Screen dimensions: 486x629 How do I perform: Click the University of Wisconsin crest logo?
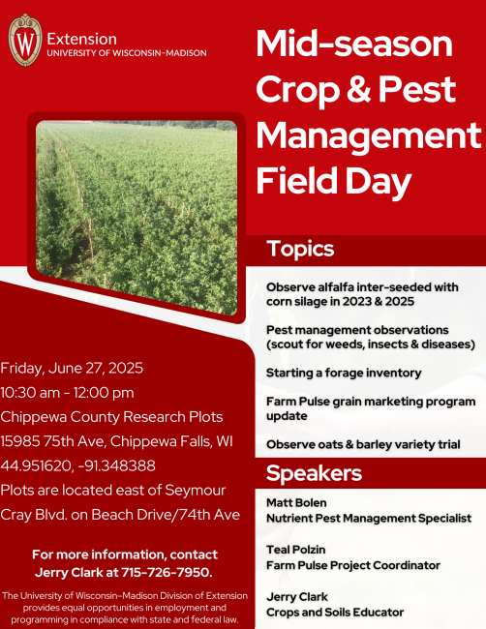coord(25,40)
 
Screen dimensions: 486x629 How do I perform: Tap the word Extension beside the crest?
coord(82,40)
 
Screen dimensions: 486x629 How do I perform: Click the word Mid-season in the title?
coord(354,44)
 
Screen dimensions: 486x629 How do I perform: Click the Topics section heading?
coord(300,249)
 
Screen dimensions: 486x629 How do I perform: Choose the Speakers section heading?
coord(314,473)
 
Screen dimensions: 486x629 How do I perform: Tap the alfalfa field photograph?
coord(137,218)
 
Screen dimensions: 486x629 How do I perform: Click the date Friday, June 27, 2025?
coord(72,369)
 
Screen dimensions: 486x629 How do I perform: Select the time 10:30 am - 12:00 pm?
coord(67,393)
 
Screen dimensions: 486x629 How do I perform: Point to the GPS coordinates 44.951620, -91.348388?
coord(77,465)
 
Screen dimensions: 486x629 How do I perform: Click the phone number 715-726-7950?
coord(167,572)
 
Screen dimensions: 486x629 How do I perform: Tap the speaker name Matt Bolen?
coord(296,502)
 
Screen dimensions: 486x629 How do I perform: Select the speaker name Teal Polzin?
coord(296,550)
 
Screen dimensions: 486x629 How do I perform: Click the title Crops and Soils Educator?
coord(335,613)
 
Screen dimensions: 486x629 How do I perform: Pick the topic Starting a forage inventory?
coord(344,374)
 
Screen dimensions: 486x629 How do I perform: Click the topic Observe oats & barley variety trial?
coord(363,444)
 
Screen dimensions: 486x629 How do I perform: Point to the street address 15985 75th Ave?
coord(53,441)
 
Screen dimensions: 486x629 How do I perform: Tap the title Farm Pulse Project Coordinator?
coord(353,565)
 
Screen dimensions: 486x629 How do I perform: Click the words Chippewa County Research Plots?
coord(111,417)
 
